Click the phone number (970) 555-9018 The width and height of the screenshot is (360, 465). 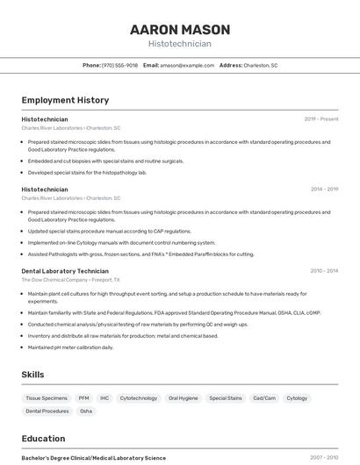point(119,65)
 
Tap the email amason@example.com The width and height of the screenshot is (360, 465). point(187,65)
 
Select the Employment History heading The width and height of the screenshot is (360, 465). point(65,100)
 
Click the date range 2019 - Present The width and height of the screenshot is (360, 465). point(321,118)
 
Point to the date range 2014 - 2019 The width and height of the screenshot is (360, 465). point(324,189)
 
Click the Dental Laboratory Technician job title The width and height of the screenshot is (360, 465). point(65,271)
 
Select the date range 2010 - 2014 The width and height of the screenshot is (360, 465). point(324,271)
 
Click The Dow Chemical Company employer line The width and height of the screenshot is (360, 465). point(70,280)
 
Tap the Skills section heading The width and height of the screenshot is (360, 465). point(32,375)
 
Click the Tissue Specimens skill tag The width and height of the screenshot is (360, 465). point(47,397)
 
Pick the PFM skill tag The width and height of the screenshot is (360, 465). point(83,397)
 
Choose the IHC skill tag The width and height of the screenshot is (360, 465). point(104,397)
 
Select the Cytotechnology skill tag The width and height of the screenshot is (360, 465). point(139,397)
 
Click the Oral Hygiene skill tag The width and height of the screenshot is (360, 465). point(183,397)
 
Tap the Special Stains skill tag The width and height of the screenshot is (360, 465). point(225,397)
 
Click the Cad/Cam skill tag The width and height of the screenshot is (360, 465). point(264,397)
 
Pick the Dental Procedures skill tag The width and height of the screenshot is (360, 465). point(47,411)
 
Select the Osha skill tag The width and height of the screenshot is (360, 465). point(86,411)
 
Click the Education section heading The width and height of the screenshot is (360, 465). point(43,439)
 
